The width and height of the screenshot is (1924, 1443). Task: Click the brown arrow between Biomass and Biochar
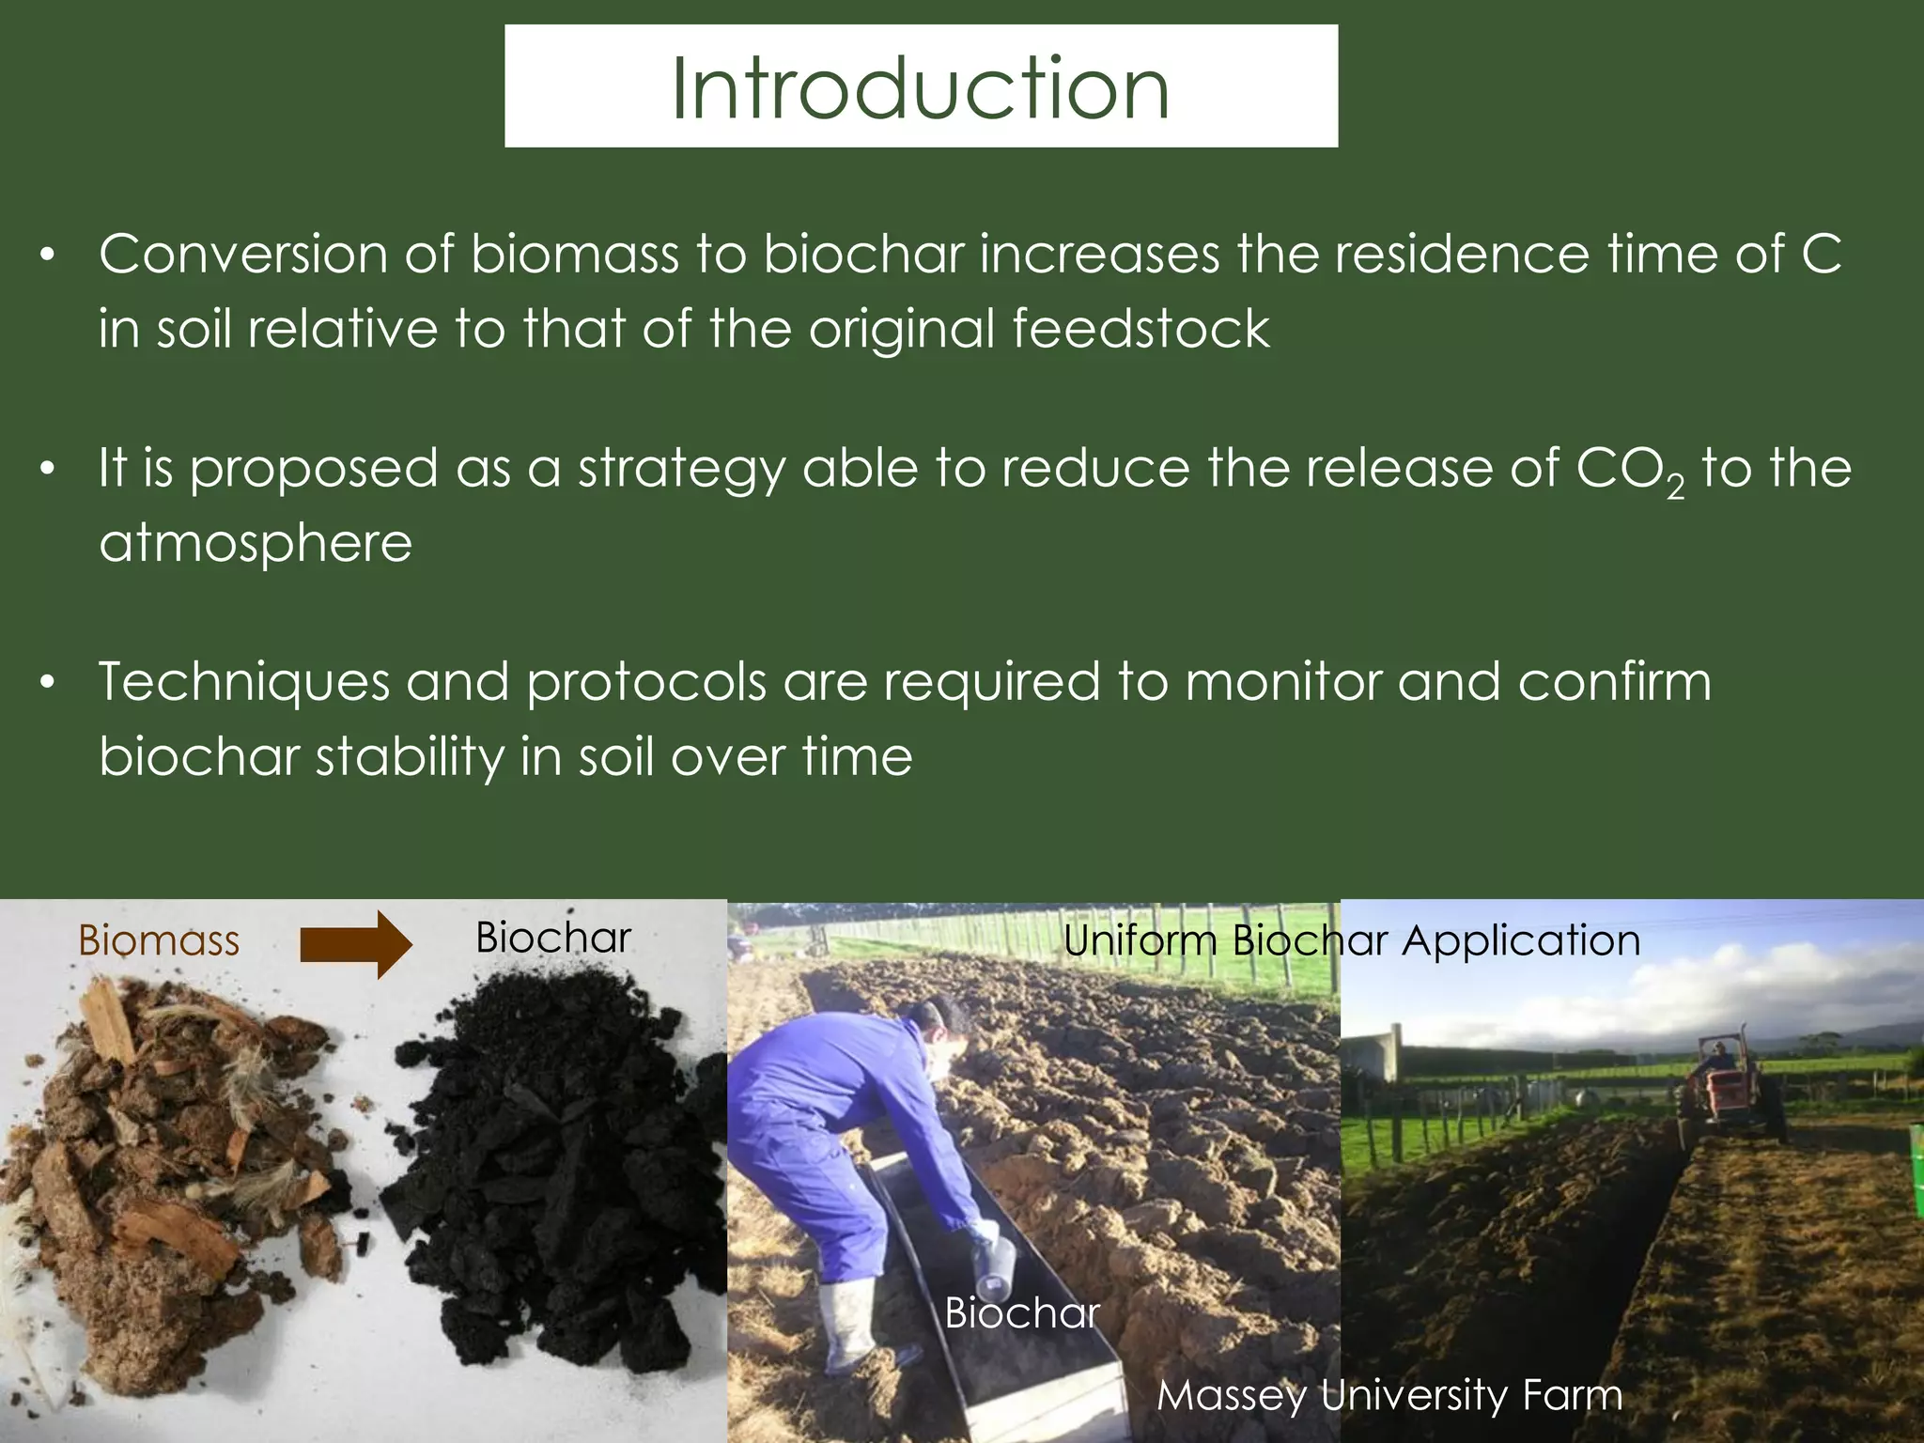[x=355, y=943]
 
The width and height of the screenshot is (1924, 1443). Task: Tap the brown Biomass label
[x=159, y=940]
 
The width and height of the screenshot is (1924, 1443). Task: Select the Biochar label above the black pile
[x=552, y=938]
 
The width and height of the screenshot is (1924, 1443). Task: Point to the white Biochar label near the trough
[x=1021, y=1312]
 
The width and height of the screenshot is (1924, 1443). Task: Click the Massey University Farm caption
[x=1389, y=1395]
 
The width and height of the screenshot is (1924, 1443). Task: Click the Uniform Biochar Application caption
[x=1351, y=940]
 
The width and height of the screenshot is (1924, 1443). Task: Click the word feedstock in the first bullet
[x=1140, y=329]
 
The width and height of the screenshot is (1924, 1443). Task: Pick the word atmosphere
[x=256, y=543]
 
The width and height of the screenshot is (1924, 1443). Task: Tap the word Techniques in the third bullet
[x=243, y=683]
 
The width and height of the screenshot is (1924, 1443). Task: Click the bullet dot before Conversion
[x=48, y=255]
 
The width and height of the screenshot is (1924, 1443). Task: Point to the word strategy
[x=681, y=470]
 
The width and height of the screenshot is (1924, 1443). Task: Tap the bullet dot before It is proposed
[x=48, y=468]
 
